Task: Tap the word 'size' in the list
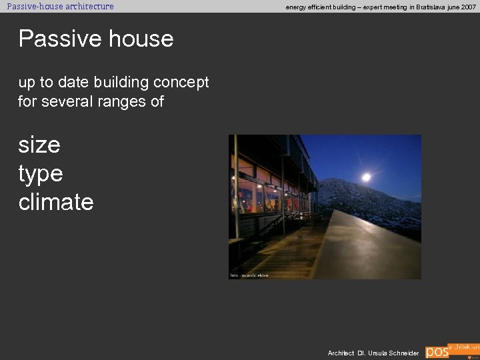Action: [39, 144]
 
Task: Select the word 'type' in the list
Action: [40, 173]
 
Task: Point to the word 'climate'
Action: [56, 201]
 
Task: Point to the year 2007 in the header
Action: [468, 7]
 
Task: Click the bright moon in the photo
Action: [366, 177]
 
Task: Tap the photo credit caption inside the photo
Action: [249, 275]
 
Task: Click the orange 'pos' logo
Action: [437, 351]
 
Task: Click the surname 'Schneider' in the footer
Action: [404, 353]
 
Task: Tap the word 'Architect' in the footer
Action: [341, 353]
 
